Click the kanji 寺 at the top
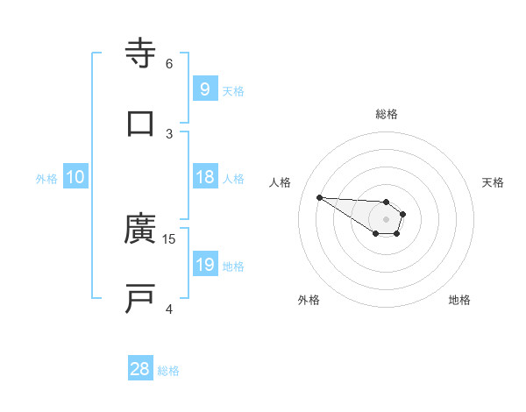[x=140, y=53]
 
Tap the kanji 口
[x=140, y=124]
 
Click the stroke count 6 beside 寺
[x=169, y=63]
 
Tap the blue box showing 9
[x=204, y=89]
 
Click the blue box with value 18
[x=204, y=177]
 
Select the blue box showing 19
[x=204, y=265]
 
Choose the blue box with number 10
[x=75, y=177]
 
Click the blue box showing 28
[x=140, y=369]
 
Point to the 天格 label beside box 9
[x=233, y=90]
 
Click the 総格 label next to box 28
[x=168, y=371]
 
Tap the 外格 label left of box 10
[x=46, y=178]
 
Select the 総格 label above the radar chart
[x=387, y=114]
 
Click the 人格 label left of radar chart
[x=281, y=182]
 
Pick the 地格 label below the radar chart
[x=459, y=300]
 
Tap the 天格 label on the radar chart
[x=493, y=182]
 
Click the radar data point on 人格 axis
[x=319, y=196]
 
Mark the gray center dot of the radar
[x=386, y=219]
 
